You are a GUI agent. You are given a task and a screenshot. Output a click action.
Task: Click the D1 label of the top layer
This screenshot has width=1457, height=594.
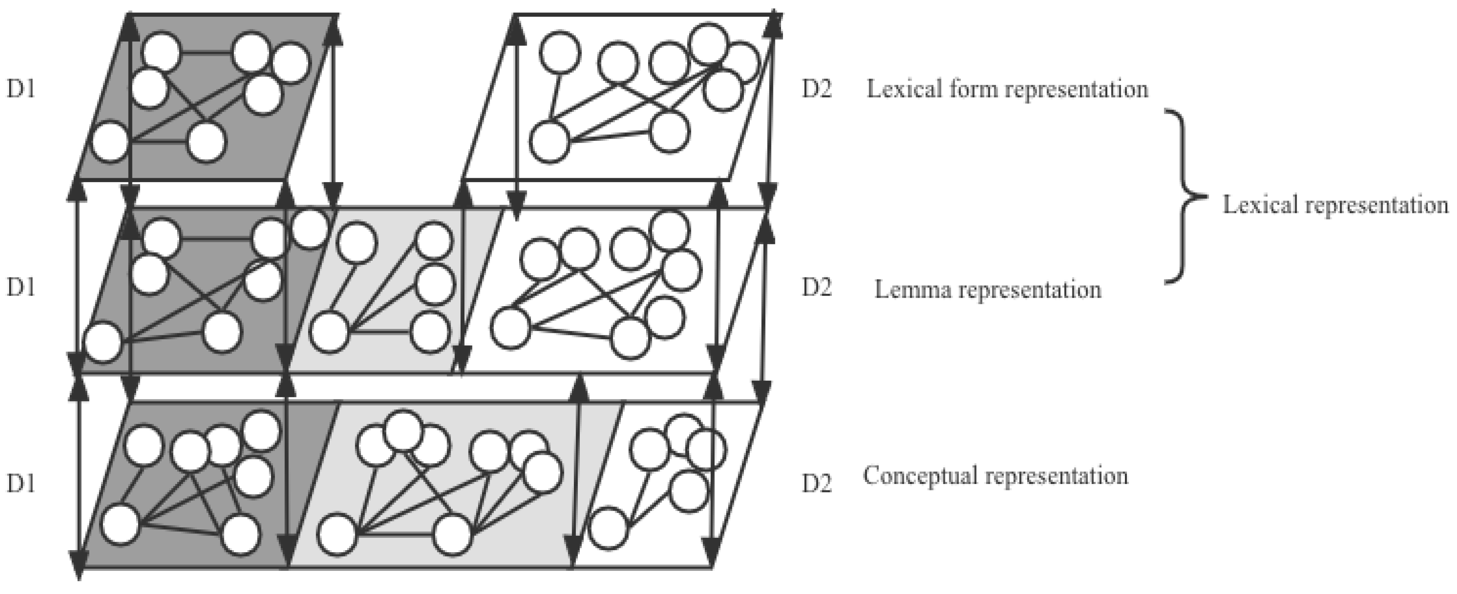coord(20,89)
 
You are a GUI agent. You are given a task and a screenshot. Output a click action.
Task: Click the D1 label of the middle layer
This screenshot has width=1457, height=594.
coord(20,287)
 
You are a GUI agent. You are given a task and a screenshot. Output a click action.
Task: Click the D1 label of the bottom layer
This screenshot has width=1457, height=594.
coord(20,484)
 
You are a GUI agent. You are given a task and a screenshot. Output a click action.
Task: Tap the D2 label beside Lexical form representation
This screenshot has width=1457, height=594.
coord(817,89)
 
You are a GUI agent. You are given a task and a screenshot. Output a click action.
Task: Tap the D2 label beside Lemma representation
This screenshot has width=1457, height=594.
coord(817,287)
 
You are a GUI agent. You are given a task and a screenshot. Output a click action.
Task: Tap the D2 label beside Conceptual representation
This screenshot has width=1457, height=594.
coord(817,484)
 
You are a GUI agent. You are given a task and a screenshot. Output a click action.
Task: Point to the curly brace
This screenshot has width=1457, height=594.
coord(1182,197)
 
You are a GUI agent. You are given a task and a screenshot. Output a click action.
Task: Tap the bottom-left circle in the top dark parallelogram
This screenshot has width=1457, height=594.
coord(110,141)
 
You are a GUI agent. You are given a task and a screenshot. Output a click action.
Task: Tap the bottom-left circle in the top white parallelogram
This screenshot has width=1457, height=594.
coord(549,141)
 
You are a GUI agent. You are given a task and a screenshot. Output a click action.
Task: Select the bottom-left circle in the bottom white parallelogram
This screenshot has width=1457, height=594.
coord(609,528)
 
